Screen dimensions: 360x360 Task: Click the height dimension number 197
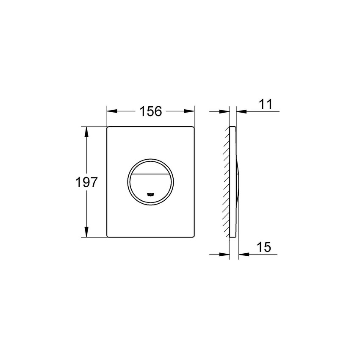(87, 183)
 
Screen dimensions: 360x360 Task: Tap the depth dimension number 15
(263, 247)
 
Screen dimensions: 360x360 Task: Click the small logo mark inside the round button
(150, 195)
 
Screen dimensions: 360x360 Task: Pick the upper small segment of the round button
(150, 168)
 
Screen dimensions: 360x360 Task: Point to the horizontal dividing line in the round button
(150, 174)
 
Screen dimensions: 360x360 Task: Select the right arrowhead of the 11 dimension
(241, 112)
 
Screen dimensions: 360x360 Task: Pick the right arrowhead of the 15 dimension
(243, 254)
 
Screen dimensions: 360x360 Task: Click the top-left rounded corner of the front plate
(108, 128)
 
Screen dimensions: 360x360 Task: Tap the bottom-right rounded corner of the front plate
(194, 236)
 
